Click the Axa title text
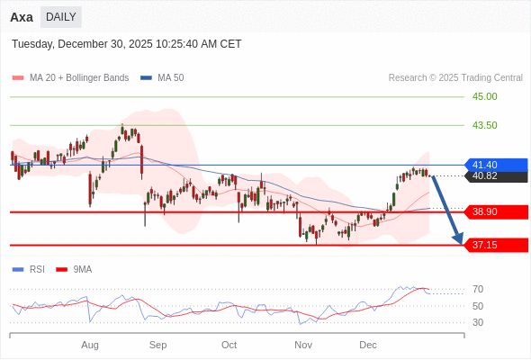click(x=22, y=17)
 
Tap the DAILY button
click(x=61, y=17)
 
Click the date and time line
click(x=127, y=44)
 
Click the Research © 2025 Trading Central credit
click(x=455, y=78)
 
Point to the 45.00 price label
click(x=484, y=96)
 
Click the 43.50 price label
click(x=484, y=125)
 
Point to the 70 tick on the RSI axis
click(x=478, y=289)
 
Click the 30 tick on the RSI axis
click(x=478, y=322)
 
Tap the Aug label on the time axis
click(x=90, y=345)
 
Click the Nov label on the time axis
click(x=303, y=345)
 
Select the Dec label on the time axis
click(x=368, y=345)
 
